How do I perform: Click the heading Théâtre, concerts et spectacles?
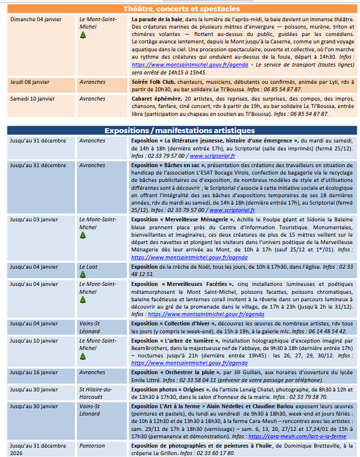tap(181, 9)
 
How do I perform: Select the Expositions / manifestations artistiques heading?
tap(180, 131)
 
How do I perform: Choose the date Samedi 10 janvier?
tap(32, 99)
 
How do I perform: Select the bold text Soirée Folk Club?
tap(154, 82)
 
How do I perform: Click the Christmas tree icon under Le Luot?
tap(82, 275)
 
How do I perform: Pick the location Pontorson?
tap(92, 446)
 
